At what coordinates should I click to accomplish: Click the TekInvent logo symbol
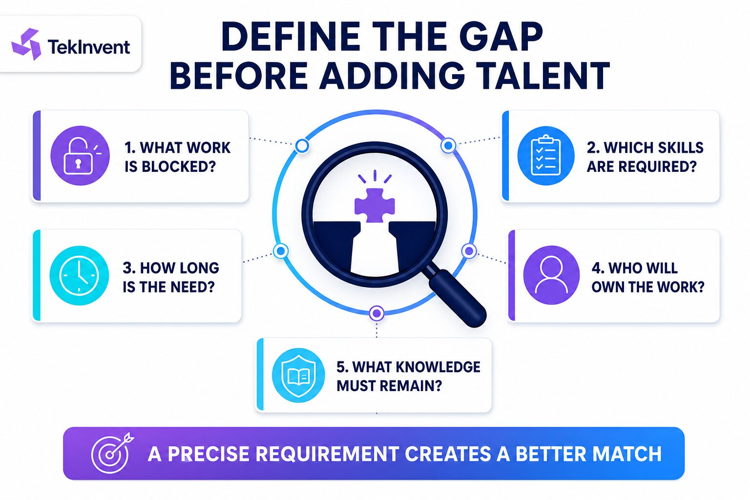pos(26,44)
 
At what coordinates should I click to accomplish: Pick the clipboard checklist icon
pos(546,155)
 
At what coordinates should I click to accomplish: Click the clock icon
pos(80,275)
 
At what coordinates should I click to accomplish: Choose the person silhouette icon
pos(551,275)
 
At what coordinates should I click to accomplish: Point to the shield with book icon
pos(298,375)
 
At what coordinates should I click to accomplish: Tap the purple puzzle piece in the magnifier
pos(375,205)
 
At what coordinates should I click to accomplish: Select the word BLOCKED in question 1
pos(179,167)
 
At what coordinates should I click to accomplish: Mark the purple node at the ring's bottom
pos(376,313)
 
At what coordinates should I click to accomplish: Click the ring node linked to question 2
pos(448,146)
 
